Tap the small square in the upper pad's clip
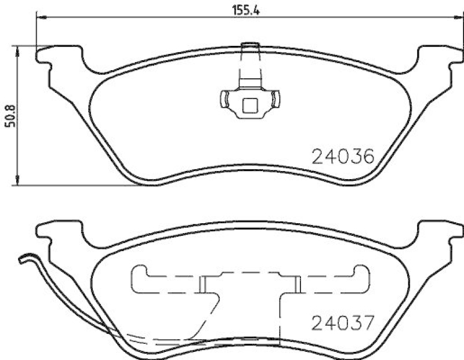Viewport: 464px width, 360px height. click(249, 106)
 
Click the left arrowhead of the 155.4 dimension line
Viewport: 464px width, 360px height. click(41, 20)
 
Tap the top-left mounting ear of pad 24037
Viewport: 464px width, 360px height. click(50, 233)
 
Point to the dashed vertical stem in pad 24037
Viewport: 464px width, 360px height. click(281, 319)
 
